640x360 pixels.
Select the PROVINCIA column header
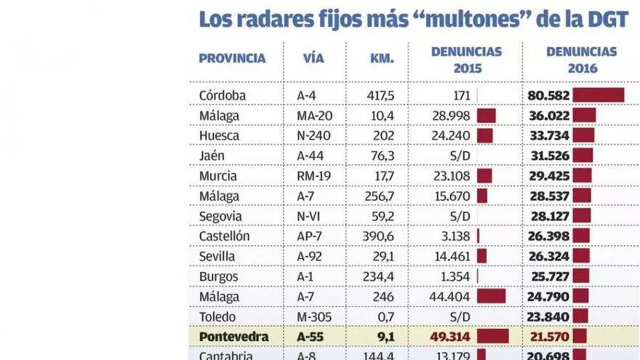tap(232, 59)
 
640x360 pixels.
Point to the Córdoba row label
tap(223, 95)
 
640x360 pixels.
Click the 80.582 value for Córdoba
tap(548, 95)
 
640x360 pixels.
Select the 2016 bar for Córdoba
tap(599, 95)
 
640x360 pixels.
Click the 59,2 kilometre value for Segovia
tap(380, 216)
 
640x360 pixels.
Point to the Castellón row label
tap(224, 236)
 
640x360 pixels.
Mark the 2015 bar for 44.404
tap(491, 297)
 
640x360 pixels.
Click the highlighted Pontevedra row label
tap(233, 337)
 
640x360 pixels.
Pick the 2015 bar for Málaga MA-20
tap(486, 116)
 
